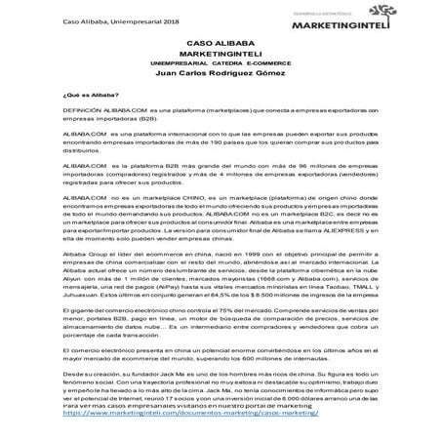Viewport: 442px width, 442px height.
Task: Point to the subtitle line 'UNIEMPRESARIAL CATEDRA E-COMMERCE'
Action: pyautogui.click(x=221, y=64)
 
